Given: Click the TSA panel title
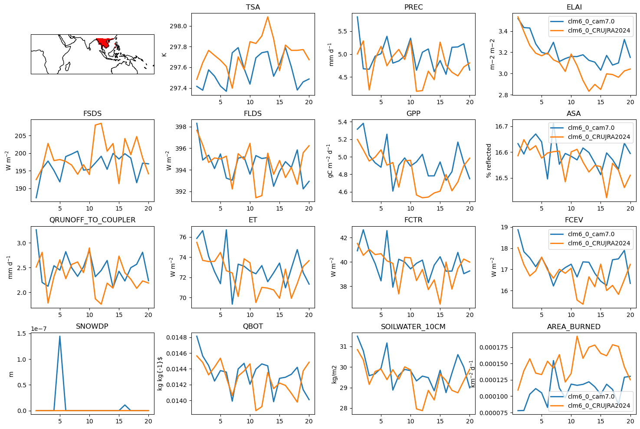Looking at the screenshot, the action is point(253,7).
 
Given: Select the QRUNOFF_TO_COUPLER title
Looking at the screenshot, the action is point(92,220).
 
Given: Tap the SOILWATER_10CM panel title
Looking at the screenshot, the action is point(413,327).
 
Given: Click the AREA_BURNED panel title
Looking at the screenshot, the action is point(574,327).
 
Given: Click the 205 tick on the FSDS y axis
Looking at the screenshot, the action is point(20,136).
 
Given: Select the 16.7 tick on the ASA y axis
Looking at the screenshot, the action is point(502,126).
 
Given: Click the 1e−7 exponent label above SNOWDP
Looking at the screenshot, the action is point(39,329).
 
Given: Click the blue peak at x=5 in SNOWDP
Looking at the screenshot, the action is point(60,337).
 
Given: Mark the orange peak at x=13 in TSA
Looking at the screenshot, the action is point(268,17).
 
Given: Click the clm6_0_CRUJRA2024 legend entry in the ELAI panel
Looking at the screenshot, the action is point(591,30).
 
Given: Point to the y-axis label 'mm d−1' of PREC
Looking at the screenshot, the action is point(331,54).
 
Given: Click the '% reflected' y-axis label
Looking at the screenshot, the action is point(489,161).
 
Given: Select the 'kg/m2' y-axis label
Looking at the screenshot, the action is point(334,374).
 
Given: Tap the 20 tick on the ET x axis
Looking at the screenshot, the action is point(309,315).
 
